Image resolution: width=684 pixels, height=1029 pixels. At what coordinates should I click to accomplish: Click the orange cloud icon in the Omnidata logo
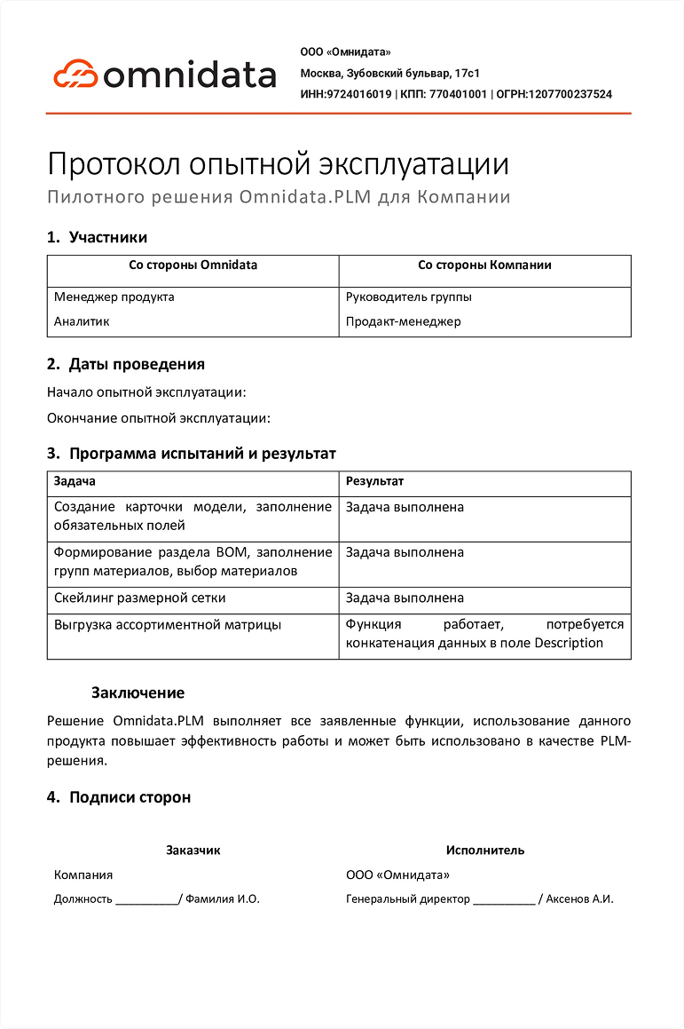[75, 73]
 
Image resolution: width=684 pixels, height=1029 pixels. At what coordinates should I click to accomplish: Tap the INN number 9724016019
[359, 94]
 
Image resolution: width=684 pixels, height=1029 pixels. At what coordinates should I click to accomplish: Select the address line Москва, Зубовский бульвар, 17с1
[390, 73]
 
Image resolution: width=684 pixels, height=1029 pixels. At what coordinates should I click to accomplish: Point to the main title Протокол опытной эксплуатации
[278, 164]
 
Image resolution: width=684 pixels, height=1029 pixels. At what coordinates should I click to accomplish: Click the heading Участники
[108, 237]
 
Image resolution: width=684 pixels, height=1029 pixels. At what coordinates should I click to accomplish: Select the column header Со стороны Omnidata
[193, 265]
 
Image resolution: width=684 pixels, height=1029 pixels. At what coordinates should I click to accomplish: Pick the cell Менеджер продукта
[114, 297]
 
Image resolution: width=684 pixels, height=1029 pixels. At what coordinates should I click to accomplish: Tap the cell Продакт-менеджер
[404, 321]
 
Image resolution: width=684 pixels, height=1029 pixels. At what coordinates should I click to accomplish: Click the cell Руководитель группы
[409, 297]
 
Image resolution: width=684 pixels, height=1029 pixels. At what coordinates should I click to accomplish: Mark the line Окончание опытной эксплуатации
[158, 417]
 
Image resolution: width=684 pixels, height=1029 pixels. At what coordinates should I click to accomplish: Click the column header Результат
[374, 481]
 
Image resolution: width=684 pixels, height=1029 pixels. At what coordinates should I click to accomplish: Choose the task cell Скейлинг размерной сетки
[140, 598]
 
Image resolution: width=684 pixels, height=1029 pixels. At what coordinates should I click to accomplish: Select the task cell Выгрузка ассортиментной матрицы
[168, 624]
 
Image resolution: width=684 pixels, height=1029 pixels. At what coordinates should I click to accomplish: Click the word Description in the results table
[569, 643]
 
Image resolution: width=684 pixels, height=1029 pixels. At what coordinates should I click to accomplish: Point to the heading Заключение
[138, 693]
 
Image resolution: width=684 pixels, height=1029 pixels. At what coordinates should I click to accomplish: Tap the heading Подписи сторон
[130, 797]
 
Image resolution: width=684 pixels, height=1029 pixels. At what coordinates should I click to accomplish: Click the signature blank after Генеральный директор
[504, 899]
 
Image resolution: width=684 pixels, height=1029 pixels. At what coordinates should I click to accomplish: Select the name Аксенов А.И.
[579, 898]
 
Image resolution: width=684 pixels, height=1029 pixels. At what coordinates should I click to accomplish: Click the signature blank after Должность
[146, 899]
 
